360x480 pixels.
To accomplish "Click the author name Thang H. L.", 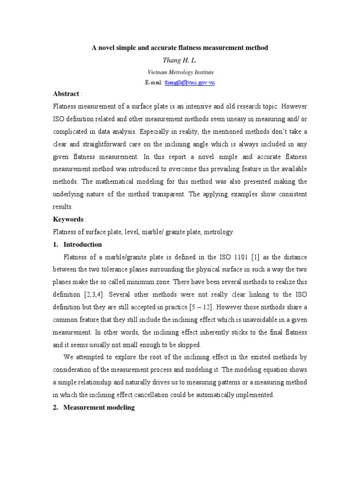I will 180,60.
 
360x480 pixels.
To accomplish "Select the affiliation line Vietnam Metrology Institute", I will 180,72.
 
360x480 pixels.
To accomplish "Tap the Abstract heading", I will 66,94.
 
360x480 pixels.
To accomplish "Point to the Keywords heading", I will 68,219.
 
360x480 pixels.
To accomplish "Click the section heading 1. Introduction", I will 78,244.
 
